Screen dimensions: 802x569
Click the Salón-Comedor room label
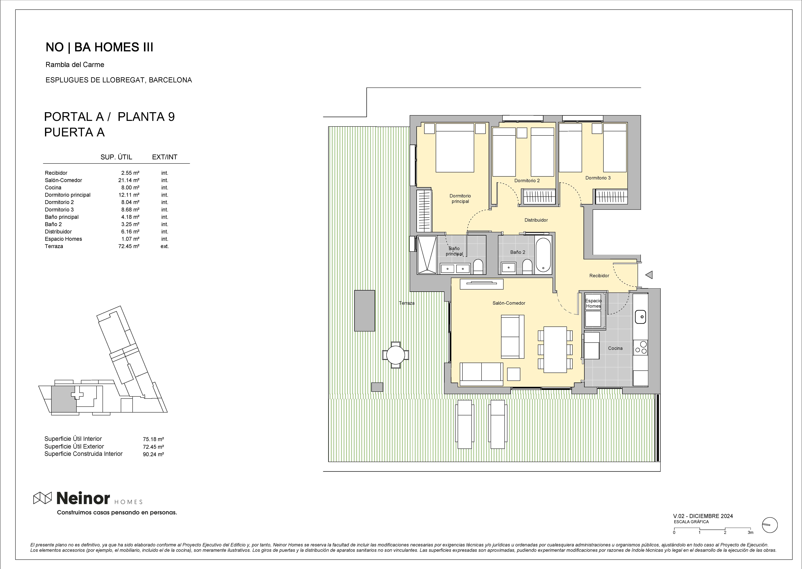509,303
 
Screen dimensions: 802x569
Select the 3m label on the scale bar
750,533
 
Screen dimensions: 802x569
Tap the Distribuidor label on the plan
536,220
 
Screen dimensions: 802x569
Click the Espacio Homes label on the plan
593,303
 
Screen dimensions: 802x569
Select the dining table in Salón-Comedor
555,350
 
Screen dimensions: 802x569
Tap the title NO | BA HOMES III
99,47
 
